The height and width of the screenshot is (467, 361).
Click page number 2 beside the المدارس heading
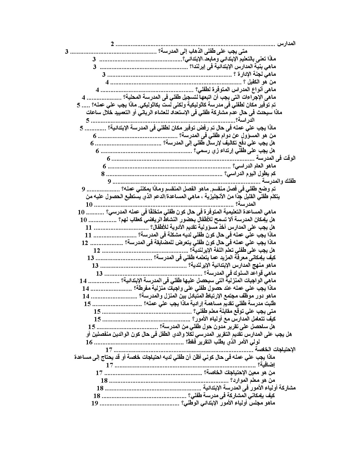click(112, 44)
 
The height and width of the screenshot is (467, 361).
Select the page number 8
click(103, 174)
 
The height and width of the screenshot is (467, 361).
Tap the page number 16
click(89, 342)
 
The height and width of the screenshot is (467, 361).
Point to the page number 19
click(94, 403)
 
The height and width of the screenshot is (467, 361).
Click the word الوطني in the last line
click(194, 404)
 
